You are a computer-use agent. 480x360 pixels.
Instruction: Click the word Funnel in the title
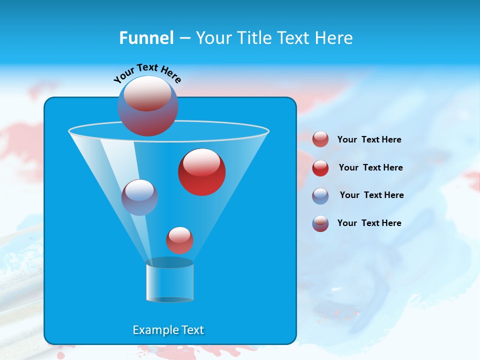146,38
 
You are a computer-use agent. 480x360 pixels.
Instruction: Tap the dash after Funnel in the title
184,38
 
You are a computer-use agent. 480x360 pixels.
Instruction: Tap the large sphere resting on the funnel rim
148,106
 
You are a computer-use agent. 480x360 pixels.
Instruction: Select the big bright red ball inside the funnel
201,172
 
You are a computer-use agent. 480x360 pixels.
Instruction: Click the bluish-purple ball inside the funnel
139,197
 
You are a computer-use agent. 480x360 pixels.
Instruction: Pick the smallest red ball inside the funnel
179,240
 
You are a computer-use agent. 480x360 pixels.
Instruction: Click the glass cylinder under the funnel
169,281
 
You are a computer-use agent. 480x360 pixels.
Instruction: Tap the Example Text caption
168,330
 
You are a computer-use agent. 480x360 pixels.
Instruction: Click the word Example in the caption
151,330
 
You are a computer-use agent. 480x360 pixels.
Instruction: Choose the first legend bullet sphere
320,139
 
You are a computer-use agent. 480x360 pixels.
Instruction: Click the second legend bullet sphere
320,167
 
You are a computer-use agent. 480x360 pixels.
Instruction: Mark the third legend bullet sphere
320,195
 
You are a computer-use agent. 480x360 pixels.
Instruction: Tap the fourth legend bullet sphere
320,223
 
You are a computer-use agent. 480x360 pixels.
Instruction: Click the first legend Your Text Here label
369,139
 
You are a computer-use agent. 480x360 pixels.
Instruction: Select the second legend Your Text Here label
370,167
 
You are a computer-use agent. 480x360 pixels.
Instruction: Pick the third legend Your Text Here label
371,195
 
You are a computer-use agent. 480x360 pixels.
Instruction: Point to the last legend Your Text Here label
369,223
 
